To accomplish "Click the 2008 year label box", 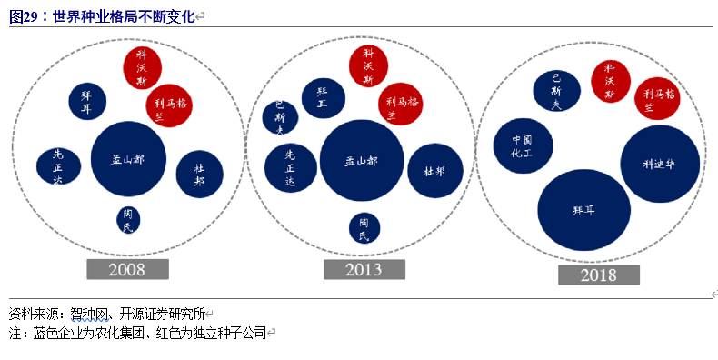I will pos(127,270).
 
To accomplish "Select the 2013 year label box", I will pos(364,270).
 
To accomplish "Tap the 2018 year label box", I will pos(599,275).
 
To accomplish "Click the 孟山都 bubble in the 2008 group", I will pos(128,159).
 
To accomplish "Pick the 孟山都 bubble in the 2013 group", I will pos(362,161).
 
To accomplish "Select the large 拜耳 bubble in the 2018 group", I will pos(583,210).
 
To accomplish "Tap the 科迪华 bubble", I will pos(660,165).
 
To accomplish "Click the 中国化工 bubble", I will pos(521,146).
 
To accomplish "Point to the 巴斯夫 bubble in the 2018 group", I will pos(556,92).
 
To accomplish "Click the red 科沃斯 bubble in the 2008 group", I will pos(142,67).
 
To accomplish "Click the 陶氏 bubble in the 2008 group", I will pos(128,219).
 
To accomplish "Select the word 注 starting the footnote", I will pos(15,334).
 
